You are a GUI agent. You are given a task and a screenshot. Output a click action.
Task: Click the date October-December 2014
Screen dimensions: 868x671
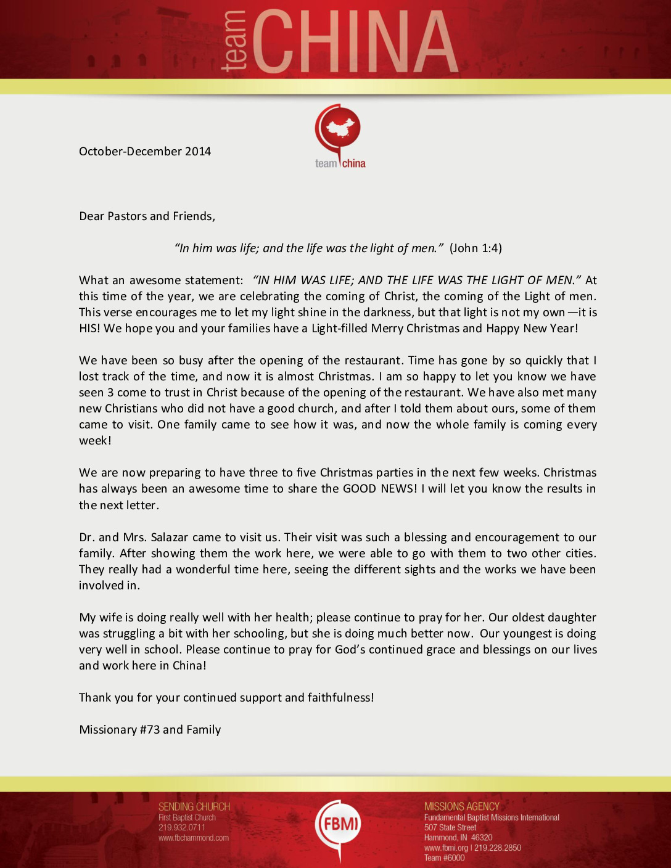(x=145, y=152)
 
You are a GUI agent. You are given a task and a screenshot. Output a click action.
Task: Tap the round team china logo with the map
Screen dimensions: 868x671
(x=338, y=129)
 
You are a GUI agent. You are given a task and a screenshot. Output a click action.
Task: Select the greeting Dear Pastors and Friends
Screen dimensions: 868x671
(x=147, y=216)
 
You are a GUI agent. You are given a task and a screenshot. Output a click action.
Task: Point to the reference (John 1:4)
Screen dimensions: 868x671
(x=475, y=248)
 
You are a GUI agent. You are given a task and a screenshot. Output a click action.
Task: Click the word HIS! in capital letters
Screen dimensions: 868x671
(x=89, y=329)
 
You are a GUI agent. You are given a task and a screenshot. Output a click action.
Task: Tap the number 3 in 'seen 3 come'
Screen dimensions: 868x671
(x=110, y=393)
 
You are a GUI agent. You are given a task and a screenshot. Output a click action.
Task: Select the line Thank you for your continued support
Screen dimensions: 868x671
(x=226, y=698)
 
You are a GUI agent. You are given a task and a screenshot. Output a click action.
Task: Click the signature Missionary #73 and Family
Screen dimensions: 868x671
(x=150, y=730)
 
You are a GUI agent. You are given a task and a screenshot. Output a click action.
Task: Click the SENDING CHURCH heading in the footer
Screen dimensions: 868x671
(x=194, y=807)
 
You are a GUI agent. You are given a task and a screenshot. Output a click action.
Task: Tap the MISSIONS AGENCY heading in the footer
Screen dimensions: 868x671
(x=462, y=806)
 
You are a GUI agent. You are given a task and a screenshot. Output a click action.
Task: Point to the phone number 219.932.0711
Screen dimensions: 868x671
(x=181, y=828)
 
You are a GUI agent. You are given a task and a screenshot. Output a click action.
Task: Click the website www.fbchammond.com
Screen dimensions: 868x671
(x=194, y=838)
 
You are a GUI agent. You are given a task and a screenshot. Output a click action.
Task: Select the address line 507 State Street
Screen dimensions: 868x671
(x=450, y=828)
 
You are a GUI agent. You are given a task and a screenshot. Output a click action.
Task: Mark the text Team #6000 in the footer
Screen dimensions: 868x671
(x=445, y=858)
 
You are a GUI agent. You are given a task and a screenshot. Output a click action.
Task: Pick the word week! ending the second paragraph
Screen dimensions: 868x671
(x=95, y=441)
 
